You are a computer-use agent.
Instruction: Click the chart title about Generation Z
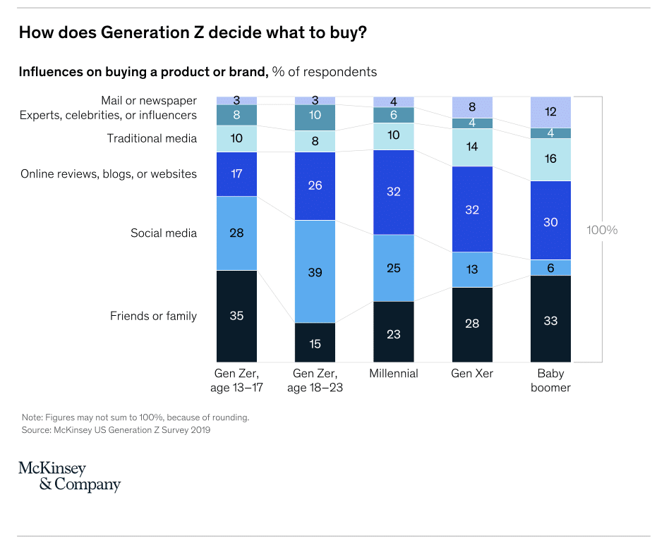coord(193,33)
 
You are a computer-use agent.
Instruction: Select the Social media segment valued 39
coord(315,271)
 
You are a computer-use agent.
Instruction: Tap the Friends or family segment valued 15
coord(315,343)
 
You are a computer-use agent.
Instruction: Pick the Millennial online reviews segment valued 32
coord(394,192)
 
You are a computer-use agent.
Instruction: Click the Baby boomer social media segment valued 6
coord(550,267)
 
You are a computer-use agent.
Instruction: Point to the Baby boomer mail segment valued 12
coord(550,112)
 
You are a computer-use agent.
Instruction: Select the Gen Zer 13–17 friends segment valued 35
coord(236,316)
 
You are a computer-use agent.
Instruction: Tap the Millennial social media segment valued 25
coord(394,268)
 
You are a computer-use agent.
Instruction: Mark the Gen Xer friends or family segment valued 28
coord(472,324)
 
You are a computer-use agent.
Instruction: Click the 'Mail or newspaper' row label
coord(149,101)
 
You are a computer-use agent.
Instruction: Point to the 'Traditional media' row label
coord(152,138)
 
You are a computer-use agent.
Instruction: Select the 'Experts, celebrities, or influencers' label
coord(108,116)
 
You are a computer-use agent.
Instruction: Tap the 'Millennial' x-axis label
coord(394,374)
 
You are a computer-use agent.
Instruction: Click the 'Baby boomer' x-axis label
coord(550,381)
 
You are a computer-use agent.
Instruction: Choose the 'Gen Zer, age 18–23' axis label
coord(315,381)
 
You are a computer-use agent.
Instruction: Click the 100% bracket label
coord(602,230)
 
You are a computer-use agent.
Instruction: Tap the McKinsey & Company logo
coord(69,477)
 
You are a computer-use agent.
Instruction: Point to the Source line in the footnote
coord(116,429)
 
